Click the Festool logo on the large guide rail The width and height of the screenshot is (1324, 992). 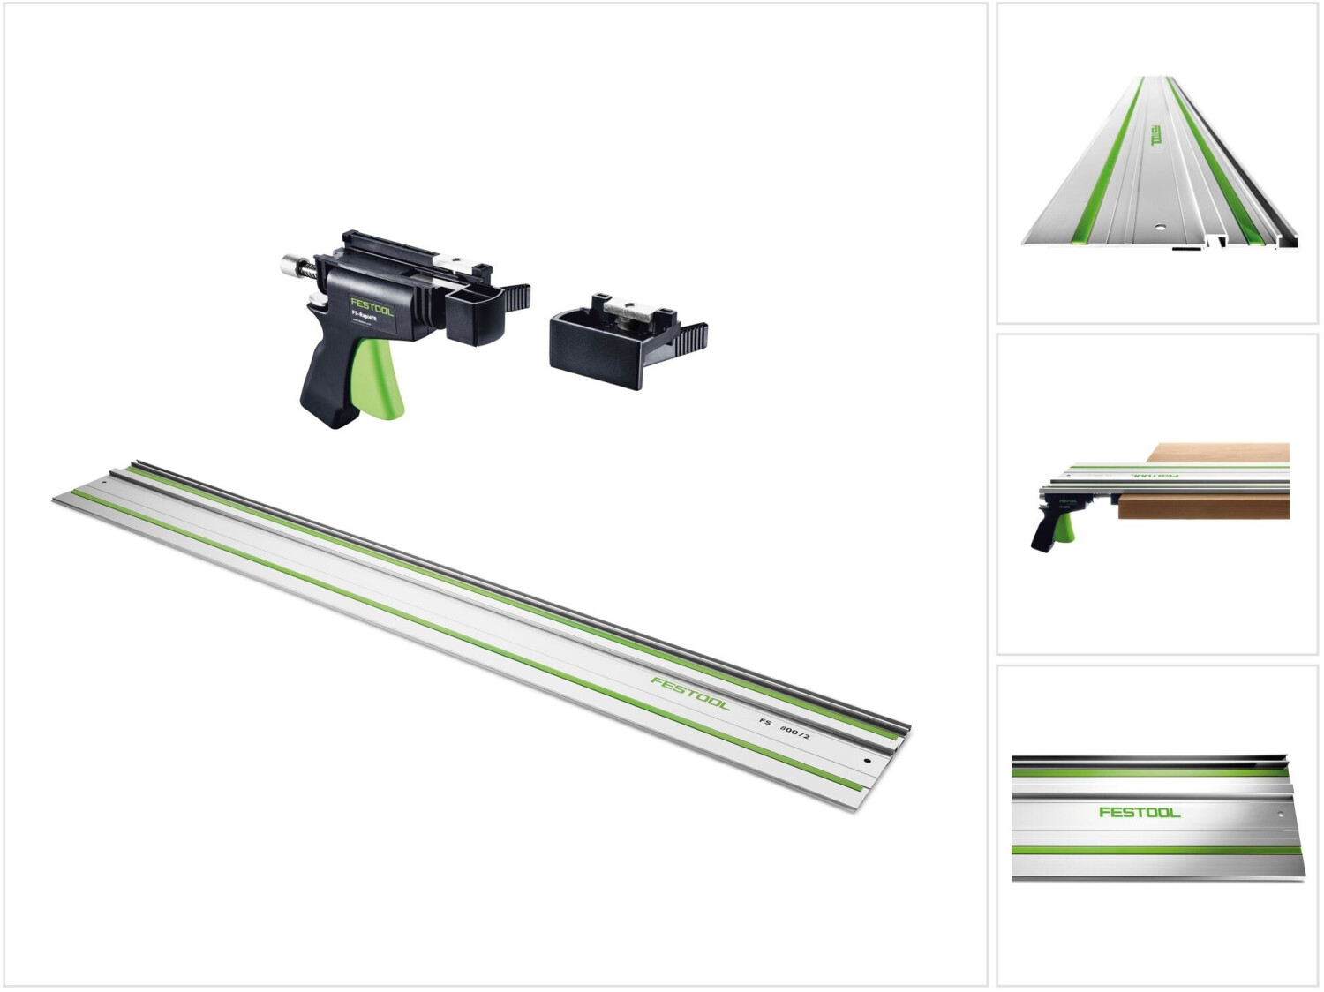tap(690, 693)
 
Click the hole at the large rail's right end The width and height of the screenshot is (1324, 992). tap(867, 760)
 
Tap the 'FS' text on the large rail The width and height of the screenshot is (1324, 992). tap(765, 721)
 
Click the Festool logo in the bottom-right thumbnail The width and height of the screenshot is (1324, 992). tap(1139, 812)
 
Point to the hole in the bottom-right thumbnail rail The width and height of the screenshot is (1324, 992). tap(1277, 808)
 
